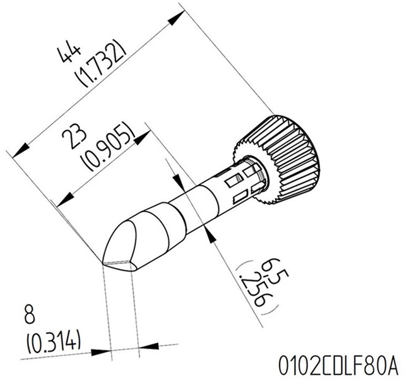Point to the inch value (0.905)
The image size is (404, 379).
(112, 147)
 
